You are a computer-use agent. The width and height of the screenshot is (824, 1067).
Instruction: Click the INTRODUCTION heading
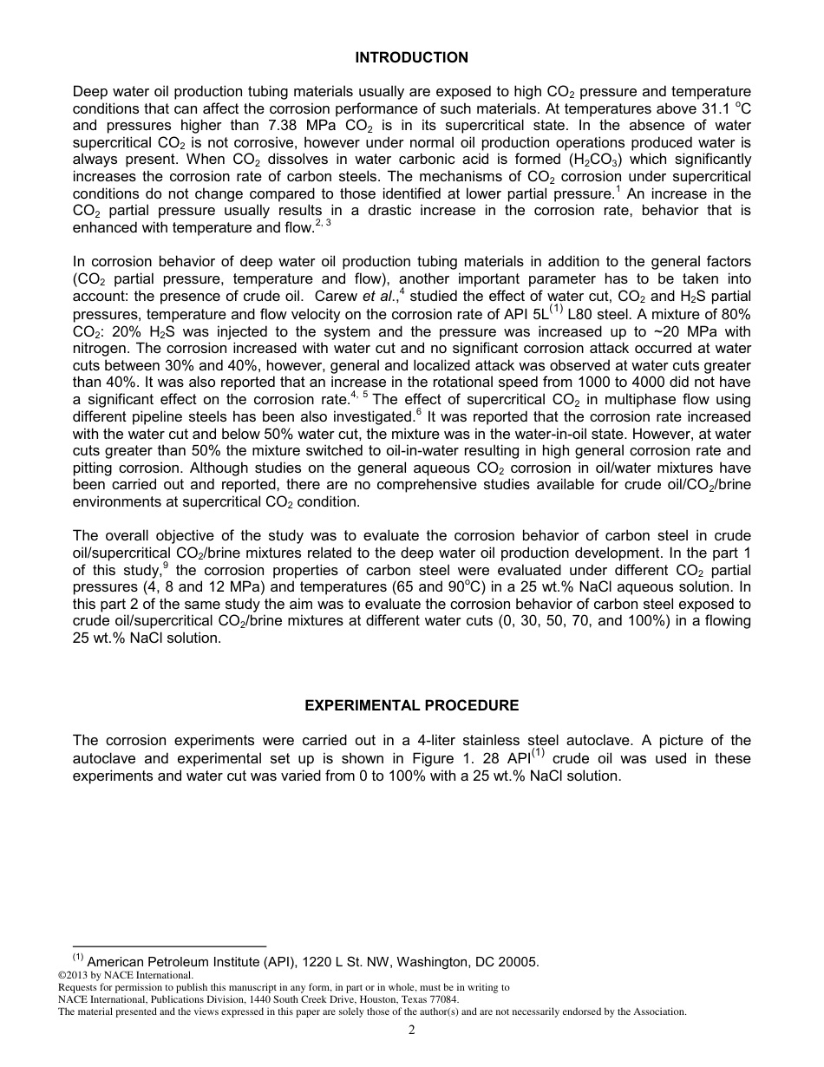[x=411, y=57]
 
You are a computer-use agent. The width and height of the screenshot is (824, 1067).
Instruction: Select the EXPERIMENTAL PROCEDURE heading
[x=411, y=705]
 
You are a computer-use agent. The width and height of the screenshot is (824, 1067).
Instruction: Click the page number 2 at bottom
[x=411, y=1030]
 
